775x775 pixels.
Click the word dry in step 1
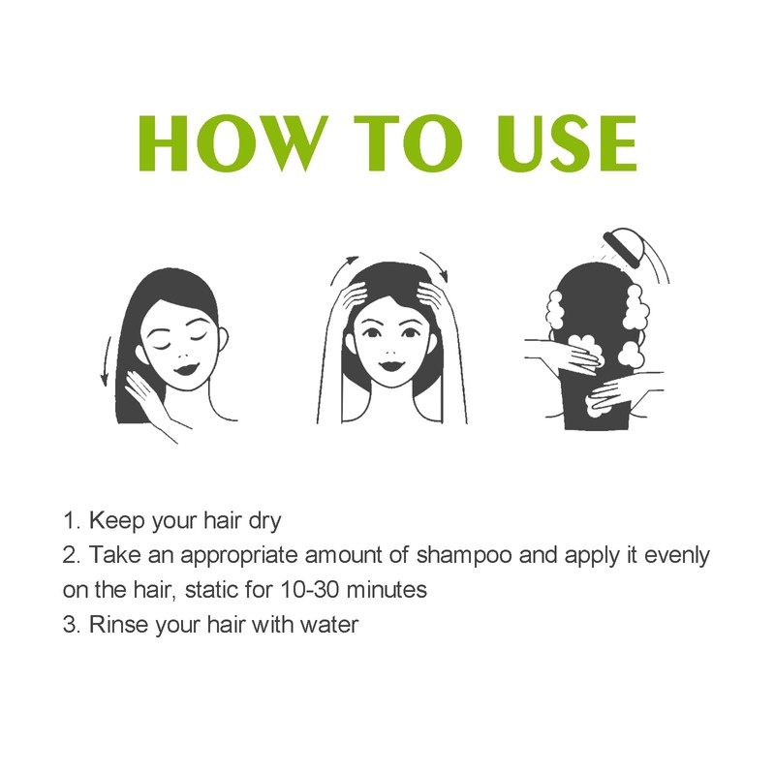tap(262, 521)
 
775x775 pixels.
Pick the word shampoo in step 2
tap(460, 556)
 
